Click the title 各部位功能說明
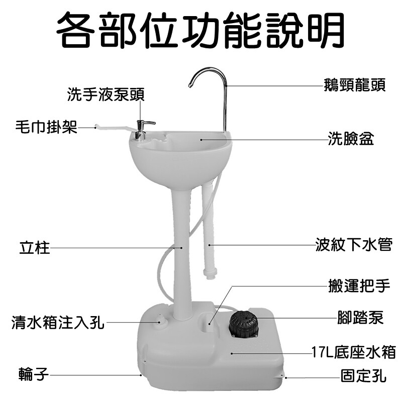pyautogui.click(x=200, y=30)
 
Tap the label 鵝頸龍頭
pyautogui.click(x=355, y=85)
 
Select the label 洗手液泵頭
pyautogui.click(x=106, y=94)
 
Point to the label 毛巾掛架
pyautogui.click(x=46, y=127)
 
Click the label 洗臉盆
pyautogui.click(x=351, y=139)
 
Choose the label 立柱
pyautogui.click(x=35, y=248)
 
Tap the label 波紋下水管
pyautogui.click(x=354, y=245)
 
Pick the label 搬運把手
pyautogui.click(x=359, y=285)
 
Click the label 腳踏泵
pyautogui.click(x=360, y=318)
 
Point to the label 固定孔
pyautogui.click(x=363, y=376)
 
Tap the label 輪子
pyautogui.click(x=34, y=374)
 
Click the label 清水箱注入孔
pyautogui.click(x=58, y=322)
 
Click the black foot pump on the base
pyautogui.click(x=243, y=324)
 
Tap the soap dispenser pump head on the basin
pyautogui.click(x=143, y=129)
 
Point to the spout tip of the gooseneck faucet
pyautogui.click(x=190, y=85)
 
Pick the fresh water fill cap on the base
pyautogui.click(x=161, y=320)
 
